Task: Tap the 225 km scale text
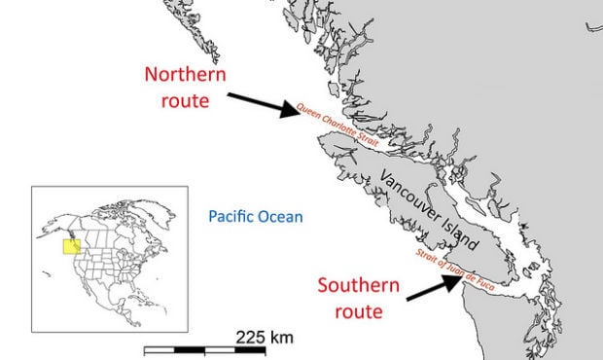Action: pos(265,338)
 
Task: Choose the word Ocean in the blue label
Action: pos(280,217)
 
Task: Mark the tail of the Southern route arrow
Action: pos(406,298)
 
